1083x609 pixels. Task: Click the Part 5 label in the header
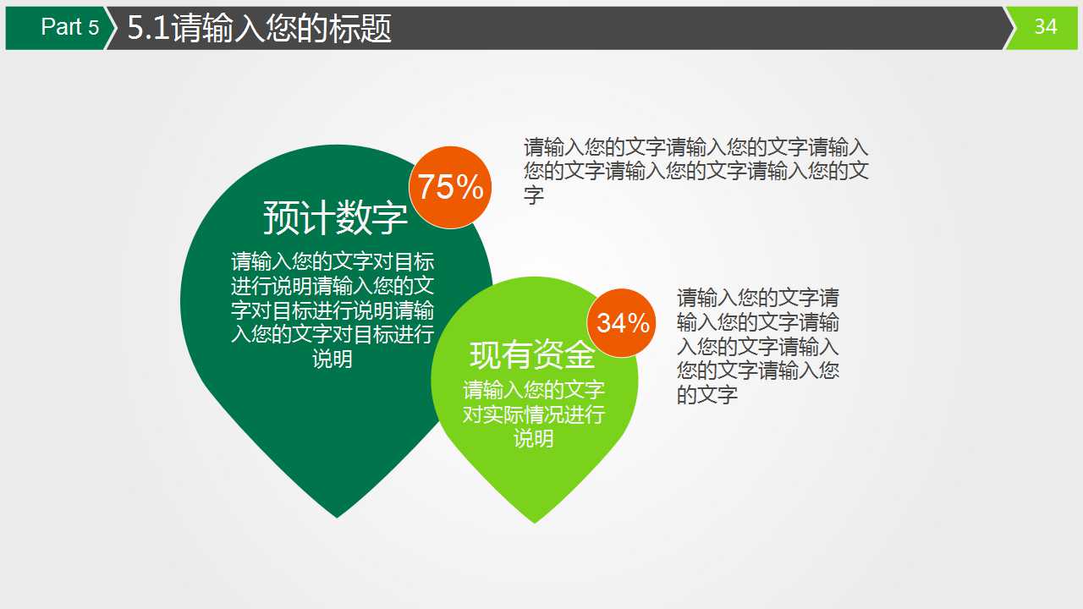69,27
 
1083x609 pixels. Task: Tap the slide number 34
1046,27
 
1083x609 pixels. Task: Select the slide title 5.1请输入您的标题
260,29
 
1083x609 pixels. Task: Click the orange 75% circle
450,187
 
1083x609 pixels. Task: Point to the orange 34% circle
623,322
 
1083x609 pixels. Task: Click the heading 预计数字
335,217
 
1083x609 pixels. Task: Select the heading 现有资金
533,355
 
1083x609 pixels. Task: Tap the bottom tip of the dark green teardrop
338,515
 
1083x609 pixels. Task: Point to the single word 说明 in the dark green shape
333,359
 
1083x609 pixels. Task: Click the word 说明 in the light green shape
534,438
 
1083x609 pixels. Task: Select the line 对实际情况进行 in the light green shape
534,414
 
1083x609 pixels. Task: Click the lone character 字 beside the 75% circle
533,195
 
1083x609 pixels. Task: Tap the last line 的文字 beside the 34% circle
707,394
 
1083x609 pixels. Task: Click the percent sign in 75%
471,187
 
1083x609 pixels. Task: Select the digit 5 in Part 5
93,27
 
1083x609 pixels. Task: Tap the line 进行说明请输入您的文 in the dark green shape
333,285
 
